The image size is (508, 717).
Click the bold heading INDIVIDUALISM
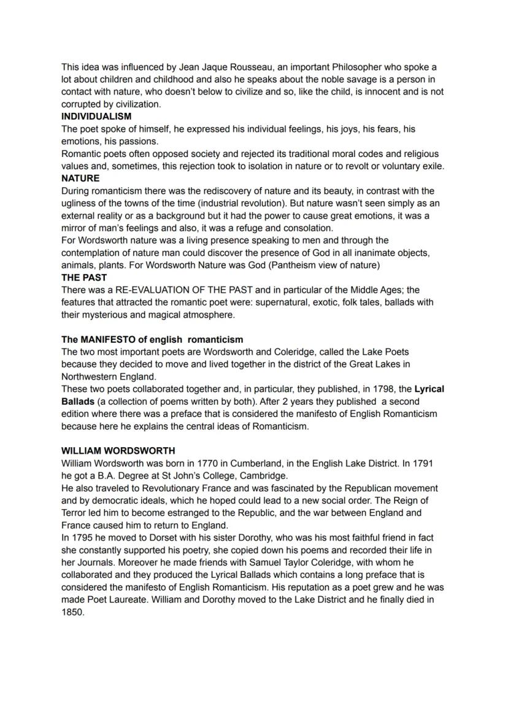(x=96, y=117)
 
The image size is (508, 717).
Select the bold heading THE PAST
(x=84, y=277)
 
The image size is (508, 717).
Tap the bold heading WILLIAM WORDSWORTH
(x=118, y=451)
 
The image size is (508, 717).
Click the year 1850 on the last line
(x=72, y=612)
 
